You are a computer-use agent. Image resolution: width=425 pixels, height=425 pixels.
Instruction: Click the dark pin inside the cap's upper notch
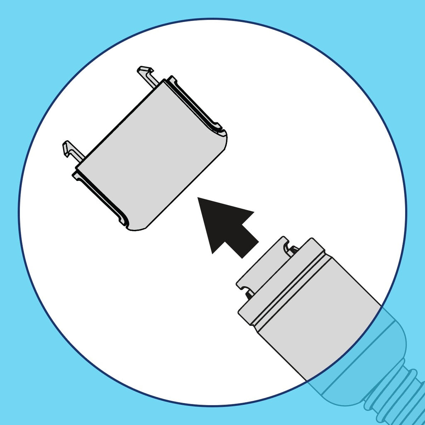[294, 249]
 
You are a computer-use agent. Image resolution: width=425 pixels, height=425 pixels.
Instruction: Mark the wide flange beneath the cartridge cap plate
[282, 282]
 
